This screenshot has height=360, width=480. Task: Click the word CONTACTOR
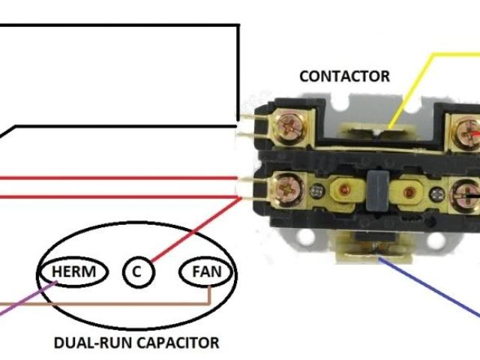pyautogui.click(x=344, y=76)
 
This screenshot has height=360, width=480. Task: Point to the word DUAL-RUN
pyautogui.click(x=85, y=343)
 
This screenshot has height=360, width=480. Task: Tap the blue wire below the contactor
pyautogui.click(x=435, y=285)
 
